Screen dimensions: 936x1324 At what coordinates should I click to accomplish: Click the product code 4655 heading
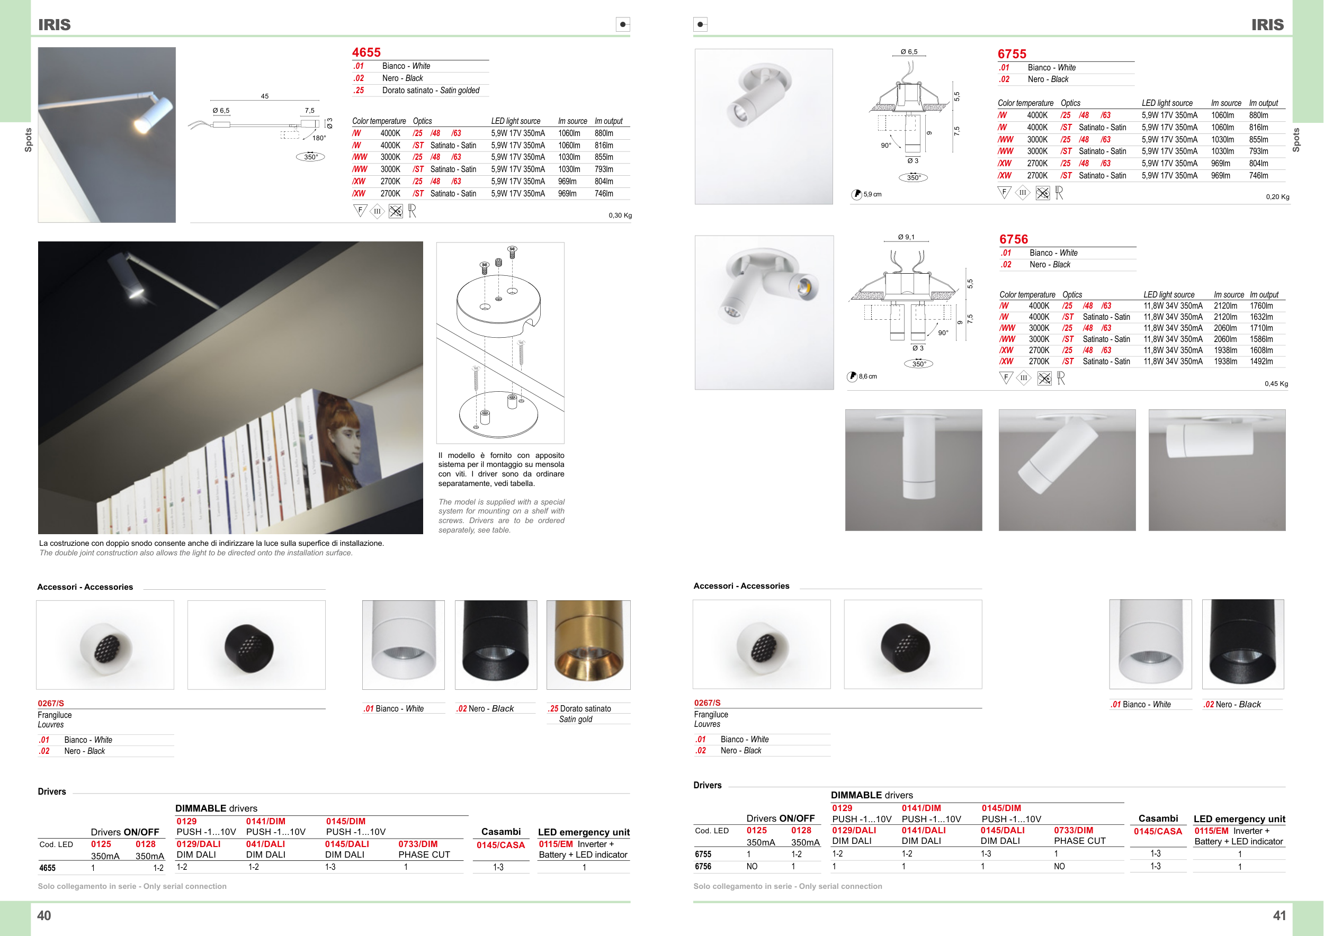point(366,52)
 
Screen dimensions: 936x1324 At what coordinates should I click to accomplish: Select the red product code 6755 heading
point(1012,54)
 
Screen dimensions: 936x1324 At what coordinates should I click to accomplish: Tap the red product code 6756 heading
point(1014,239)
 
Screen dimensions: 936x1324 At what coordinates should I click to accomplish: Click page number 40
point(44,915)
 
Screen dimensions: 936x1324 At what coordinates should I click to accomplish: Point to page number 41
point(1279,915)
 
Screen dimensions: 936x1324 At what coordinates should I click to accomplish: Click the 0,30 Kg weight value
point(620,215)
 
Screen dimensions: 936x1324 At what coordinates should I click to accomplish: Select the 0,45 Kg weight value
point(1276,384)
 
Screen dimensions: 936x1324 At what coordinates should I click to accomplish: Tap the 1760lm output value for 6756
point(1261,306)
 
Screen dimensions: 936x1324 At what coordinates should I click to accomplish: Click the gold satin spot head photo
point(588,644)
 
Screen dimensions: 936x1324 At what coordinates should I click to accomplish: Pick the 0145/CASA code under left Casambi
point(500,845)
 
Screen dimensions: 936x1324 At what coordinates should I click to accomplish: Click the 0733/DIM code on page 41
point(1073,831)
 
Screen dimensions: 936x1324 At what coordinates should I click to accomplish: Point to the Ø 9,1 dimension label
point(906,237)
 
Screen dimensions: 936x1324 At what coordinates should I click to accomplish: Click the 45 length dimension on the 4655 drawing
point(265,96)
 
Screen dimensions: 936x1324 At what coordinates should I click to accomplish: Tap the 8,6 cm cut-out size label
point(867,376)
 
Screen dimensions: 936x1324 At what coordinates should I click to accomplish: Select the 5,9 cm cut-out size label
point(872,194)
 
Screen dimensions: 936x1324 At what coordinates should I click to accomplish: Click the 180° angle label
point(319,138)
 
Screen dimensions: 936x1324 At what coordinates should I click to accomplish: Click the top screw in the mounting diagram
point(512,251)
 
